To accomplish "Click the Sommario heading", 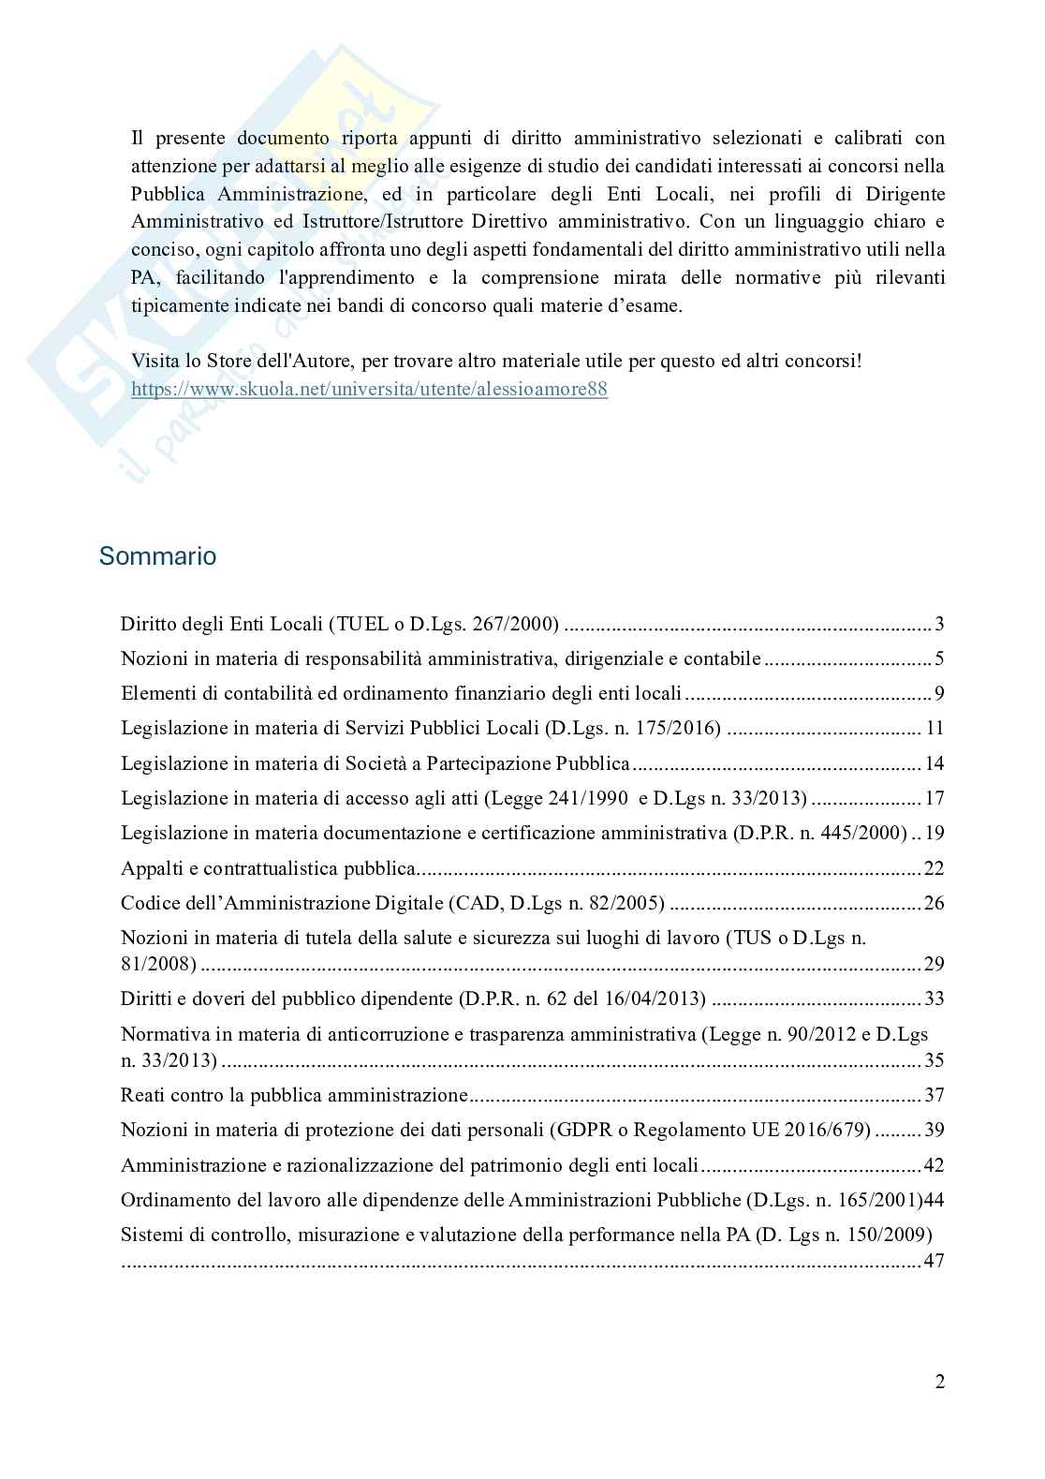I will (x=157, y=556).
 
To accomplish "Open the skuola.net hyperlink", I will (x=369, y=389).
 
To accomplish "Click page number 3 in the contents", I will (x=939, y=625).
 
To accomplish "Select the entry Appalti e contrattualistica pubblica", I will (x=267, y=868).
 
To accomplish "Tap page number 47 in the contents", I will (x=934, y=1261).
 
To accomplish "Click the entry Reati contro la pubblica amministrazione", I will (x=294, y=1095).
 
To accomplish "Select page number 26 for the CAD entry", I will (x=934, y=903).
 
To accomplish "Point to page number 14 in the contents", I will (x=934, y=763).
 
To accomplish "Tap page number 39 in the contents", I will (x=934, y=1130).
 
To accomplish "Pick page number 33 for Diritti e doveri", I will (x=934, y=998).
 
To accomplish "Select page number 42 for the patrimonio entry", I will (x=934, y=1165).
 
